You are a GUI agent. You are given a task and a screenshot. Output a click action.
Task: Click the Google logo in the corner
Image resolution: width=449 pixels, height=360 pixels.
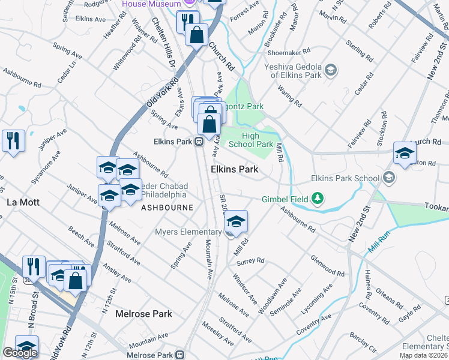[x=20, y=353]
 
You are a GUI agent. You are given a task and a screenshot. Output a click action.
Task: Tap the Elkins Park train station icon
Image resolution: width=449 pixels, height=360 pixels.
[x=197, y=142]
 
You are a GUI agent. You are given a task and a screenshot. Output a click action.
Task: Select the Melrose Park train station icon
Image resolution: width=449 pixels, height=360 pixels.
[x=179, y=355]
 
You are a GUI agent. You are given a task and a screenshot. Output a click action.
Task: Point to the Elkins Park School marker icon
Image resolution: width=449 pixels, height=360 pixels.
[x=390, y=178]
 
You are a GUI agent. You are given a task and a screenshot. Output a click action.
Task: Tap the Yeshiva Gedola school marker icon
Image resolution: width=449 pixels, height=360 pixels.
[x=330, y=72]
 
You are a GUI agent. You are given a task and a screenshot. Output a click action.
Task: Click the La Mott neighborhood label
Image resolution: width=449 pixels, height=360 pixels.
[x=23, y=202]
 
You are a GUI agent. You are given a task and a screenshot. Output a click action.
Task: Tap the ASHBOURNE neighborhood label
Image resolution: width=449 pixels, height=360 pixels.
[x=167, y=208]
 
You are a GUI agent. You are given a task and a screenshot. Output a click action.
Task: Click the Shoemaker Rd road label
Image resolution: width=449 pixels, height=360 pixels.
[x=291, y=52]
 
